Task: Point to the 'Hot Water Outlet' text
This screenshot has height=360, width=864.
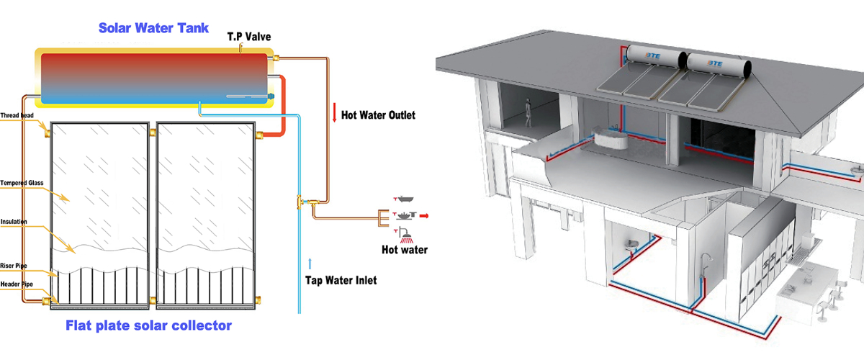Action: [378, 114]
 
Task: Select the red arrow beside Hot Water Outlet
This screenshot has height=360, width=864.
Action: [334, 113]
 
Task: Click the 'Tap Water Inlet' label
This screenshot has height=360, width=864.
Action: [340, 280]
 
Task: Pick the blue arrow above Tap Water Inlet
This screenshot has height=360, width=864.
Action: [311, 262]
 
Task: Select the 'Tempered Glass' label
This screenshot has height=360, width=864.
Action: [22, 183]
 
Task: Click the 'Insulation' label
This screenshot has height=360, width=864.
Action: [16, 222]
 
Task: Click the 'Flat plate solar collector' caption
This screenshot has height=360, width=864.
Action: [148, 325]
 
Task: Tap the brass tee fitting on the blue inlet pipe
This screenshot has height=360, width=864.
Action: [300, 202]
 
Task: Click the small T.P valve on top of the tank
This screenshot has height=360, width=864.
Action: [242, 49]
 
